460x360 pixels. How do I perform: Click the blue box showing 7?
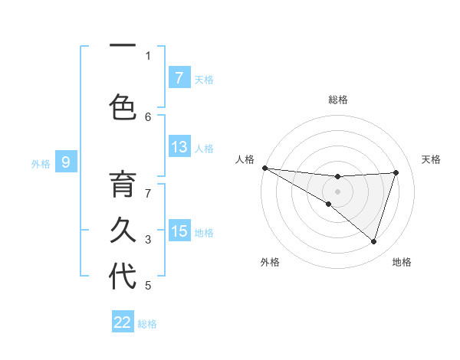pos(179,77)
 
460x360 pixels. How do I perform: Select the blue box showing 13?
pos(179,147)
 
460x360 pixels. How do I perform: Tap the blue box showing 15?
pos(179,231)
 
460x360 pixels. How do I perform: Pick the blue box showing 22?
pos(123,322)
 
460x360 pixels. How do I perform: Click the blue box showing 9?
pos(67,162)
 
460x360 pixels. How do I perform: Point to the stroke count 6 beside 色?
pos(148,116)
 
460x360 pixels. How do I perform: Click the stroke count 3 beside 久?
pos(148,240)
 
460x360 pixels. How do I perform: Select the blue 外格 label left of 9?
pos(41,163)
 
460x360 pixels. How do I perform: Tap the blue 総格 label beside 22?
pos(147,323)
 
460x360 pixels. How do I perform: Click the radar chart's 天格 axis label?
pos(432,159)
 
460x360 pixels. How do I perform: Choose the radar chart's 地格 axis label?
pos(402,262)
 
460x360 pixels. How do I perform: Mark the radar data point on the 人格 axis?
pos(264,167)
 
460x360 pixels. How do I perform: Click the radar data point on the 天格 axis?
pos(396,172)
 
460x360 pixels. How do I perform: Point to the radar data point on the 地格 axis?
pos(373,241)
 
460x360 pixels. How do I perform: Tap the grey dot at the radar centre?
pos(337,191)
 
